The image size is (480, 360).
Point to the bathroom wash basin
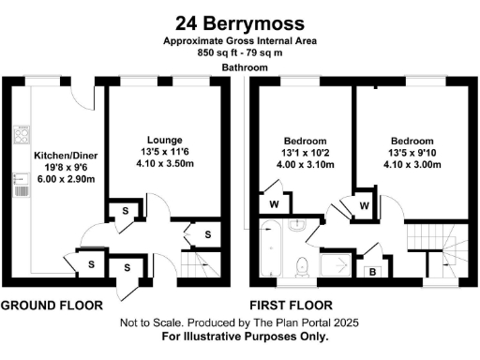(298, 226)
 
